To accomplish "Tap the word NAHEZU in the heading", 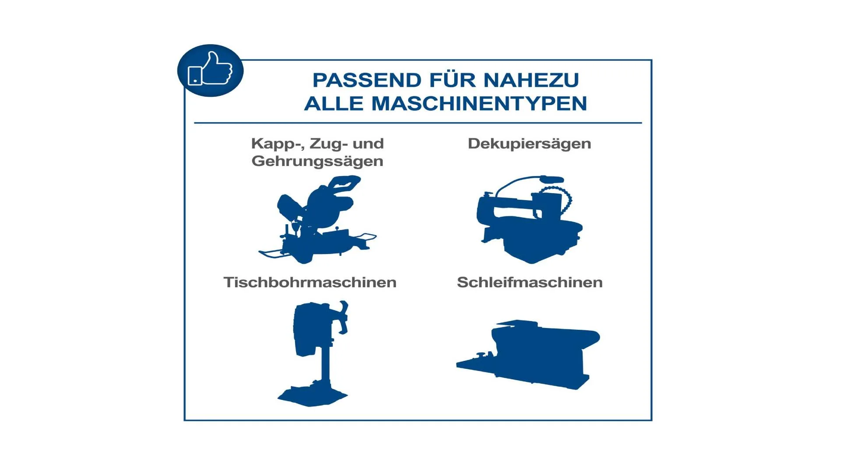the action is tap(531, 80).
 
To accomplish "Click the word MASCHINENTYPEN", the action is tap(479, 104).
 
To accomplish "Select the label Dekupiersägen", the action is tap(530, 144).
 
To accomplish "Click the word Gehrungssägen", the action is tap(318, 161).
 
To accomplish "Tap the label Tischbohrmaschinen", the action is tap(310, 282).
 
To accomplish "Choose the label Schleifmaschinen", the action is tap(530, 282).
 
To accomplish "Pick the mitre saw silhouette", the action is tap(318, 220).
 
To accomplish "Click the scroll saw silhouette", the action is tap(530, 220).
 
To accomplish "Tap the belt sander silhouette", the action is tap(528, 354).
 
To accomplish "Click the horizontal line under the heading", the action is tap(418, 123).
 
